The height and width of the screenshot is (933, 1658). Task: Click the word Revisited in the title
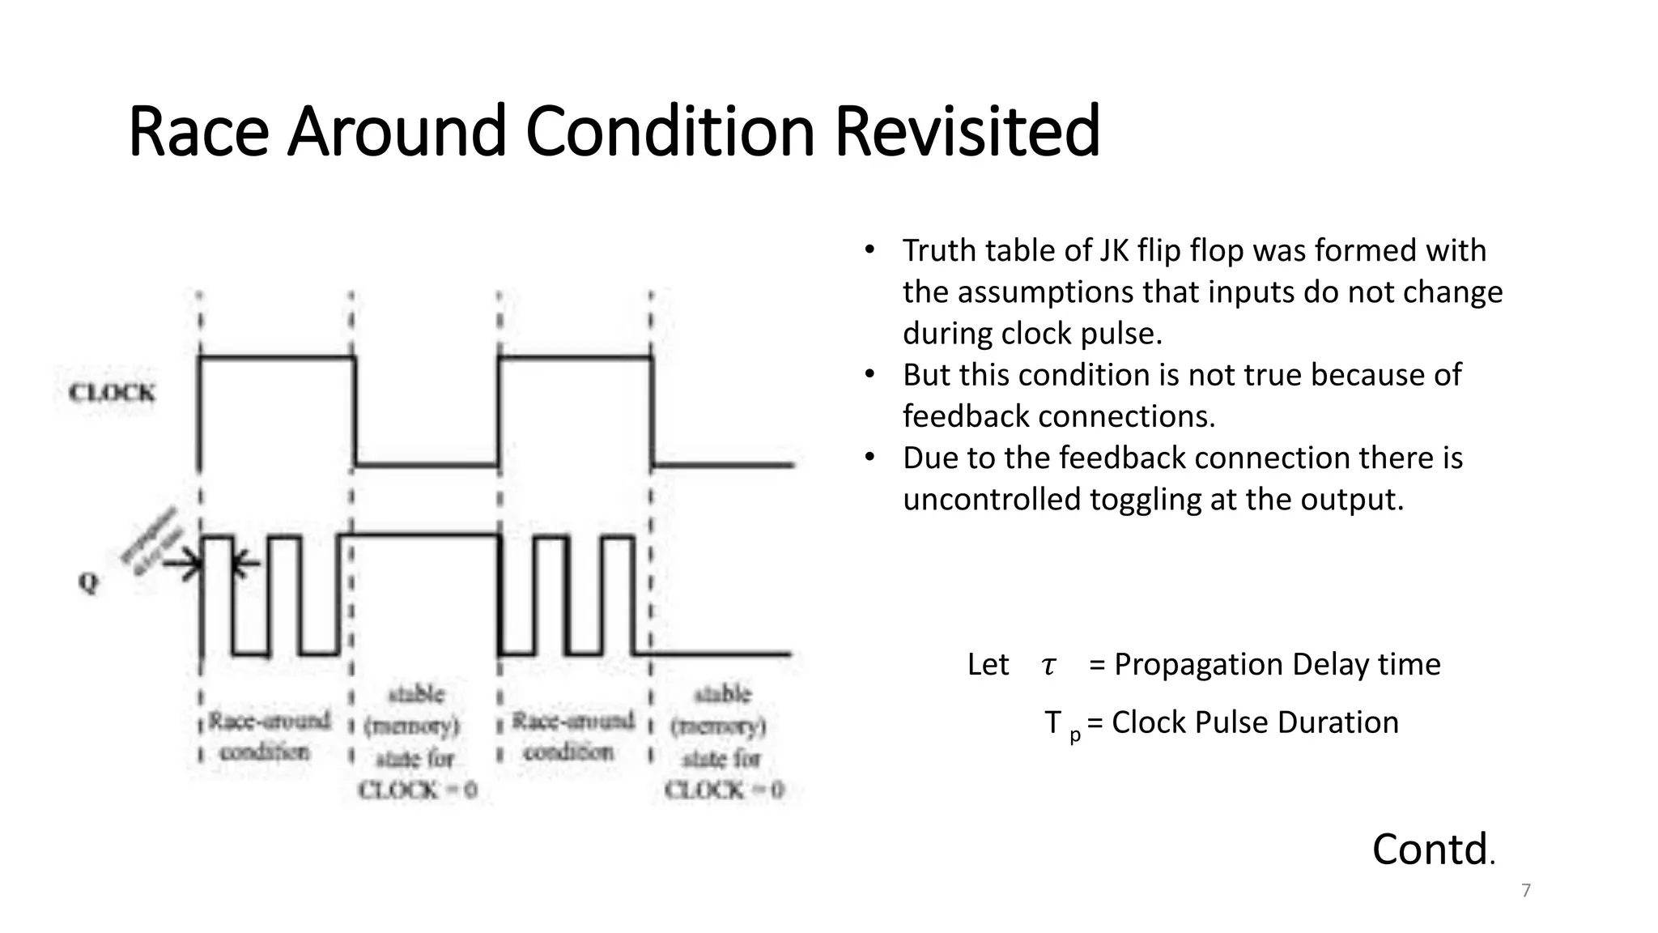click(x=967, y=131)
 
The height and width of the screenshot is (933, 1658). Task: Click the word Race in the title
click(x=198, y=131)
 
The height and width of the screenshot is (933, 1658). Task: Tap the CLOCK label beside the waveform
click(x=112, y=394)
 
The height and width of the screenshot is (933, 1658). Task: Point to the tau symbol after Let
click(x=1048, y=666)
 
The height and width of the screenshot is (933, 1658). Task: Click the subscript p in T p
click(x=1074, y=735)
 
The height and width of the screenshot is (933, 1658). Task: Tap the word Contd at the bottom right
click(x=1430, y=850)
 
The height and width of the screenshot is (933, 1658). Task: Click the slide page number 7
click(x=1526, y=891)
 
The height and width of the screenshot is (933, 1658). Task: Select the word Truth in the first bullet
click(x=939, y=251)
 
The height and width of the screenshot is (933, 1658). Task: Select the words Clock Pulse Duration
click(x=1255, y=722)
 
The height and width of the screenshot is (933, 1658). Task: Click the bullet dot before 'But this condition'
click(x=869, y=375)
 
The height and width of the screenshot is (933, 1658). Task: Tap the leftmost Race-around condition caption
click(x=268, y=736)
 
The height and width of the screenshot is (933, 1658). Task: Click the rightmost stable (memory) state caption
click(x=723, y=742)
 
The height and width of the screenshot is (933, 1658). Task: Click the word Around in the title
click(x=397, y=131)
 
